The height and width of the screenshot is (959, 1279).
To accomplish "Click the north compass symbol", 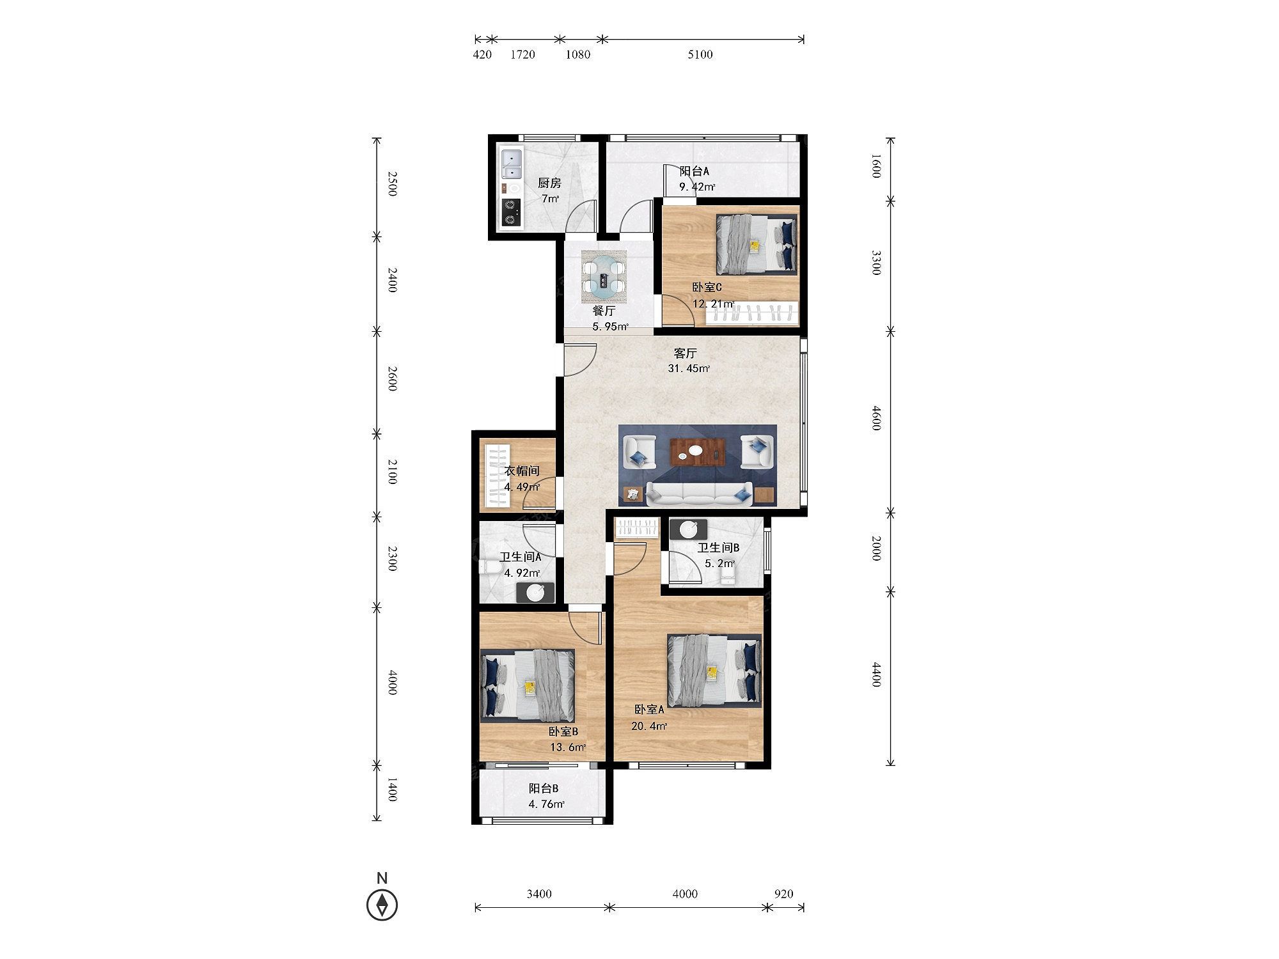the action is pyautogui.click(x=382, y=905).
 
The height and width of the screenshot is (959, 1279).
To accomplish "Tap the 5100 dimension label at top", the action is pyautogui.click(x=700, y=54).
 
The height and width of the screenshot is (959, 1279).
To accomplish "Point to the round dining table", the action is pyautogui.click(x=604, y=277).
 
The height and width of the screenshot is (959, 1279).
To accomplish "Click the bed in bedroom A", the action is pyautogui.click(x=714, y=671).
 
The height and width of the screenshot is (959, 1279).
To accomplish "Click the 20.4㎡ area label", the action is pyautogui.click(x=650, y=726).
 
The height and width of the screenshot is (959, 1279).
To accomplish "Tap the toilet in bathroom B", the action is pyautogui.click(x=728, y=577).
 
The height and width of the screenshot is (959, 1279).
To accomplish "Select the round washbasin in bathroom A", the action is pyautogui.click(x=535, y=593).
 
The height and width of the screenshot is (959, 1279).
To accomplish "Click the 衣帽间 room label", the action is pyautogui.click(x=522, y=471).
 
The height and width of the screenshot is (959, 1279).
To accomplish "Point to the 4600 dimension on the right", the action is pyautogui.click(x=877, y=418).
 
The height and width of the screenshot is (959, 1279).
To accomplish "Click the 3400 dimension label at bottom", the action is pyautogui.click(x=539, y=894).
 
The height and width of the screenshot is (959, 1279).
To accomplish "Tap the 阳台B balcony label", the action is pyautogui.click(x=544, y=789).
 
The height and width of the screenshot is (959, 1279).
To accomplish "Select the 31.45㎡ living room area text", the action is pyautogui.click(x=689, y=368).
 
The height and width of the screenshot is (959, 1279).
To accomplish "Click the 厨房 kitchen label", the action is pyautogui.click(x=549, y=183).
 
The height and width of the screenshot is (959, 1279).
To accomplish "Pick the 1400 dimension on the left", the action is pyautogui.click(x=392, y=790).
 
